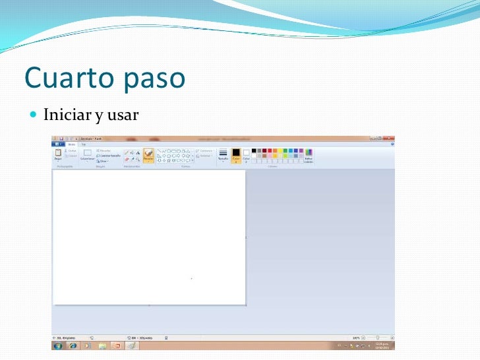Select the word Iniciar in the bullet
(x=67, y=117)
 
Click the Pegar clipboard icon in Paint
(x=58, y=153)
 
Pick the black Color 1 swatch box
(x=235, y=153)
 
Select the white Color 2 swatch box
(x=246, y=153)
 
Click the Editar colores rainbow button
(x=309, y=154)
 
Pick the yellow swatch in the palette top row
(x=280, y=151)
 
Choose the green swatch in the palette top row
(x=285, y=151)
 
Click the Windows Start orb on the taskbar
(x=58, y=345)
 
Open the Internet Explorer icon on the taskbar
(x=73, y=345)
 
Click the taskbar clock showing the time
(x=382, y=345)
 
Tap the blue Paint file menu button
(x=58, y=144)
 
